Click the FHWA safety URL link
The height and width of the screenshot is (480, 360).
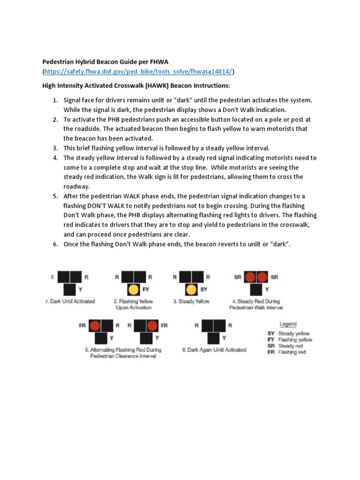coord(139,71)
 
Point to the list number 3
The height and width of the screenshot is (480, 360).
coord(55,148)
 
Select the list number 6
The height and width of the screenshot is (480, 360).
coord(55,244)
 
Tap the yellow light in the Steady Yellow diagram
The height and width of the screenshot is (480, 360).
coord(191,289)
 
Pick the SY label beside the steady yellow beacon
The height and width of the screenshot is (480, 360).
coord(203,290)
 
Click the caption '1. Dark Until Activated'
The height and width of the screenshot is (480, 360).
coord(70,301)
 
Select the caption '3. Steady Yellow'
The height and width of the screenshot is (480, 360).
coord(191,301)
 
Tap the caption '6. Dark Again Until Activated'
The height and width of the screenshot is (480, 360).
coord(214,350)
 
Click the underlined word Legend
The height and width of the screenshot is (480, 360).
coord(288,324)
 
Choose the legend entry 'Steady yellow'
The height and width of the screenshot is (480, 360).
coord(294,333)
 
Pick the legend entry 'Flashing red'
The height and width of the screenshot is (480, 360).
coord(292,352)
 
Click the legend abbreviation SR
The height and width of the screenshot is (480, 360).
coord(271,346)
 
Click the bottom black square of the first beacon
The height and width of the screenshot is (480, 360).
coord(70,289)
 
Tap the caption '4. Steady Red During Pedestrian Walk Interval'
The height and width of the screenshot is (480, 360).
coord(256,304)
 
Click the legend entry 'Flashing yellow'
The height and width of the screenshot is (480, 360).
coord(295,340)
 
